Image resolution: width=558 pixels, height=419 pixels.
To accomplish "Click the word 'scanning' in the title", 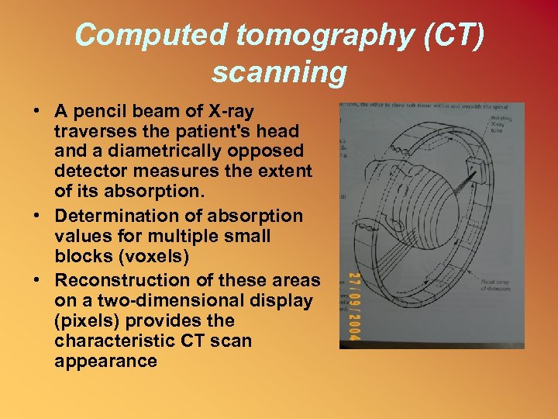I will pos(279,72).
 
